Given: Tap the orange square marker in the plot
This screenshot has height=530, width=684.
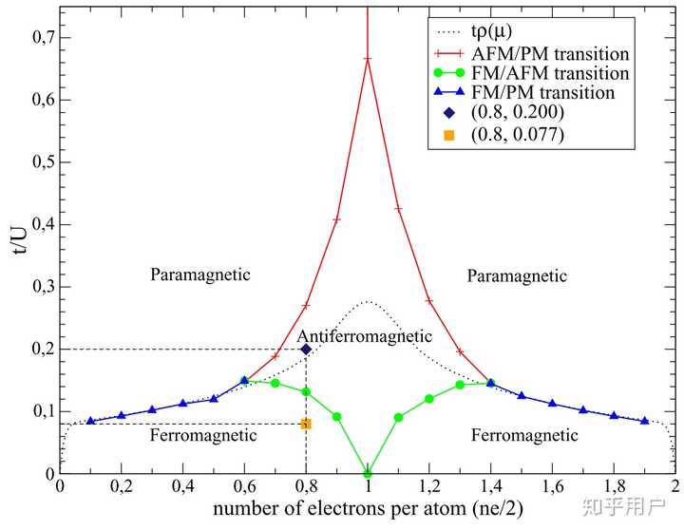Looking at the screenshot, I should point(306,424).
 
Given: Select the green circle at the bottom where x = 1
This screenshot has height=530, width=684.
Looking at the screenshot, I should point(368,473).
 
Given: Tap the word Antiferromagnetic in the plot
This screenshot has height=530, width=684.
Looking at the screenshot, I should point(365,336).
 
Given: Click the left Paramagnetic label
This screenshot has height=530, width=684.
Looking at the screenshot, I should point(200,274).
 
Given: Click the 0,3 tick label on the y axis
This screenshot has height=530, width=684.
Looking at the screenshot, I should point(34,287).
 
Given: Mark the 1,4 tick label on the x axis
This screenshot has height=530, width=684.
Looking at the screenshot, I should point(490,489).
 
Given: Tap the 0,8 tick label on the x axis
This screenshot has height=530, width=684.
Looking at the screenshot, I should point(306,489).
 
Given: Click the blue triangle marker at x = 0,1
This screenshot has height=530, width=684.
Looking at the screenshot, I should point(91,421).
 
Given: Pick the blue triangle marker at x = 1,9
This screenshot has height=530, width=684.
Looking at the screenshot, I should point(644,420).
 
